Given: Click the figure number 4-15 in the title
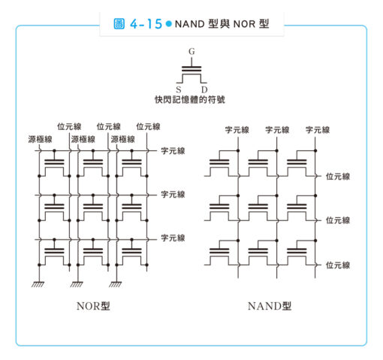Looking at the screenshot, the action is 146,24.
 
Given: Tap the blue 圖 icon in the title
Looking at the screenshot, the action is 119,24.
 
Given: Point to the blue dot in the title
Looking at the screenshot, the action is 169,24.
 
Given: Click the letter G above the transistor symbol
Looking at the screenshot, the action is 191,51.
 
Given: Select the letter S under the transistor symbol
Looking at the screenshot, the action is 179,89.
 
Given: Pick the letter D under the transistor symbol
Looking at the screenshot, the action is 204,89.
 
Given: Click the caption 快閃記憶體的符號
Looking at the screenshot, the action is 190,99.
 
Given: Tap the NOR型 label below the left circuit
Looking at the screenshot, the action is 93,306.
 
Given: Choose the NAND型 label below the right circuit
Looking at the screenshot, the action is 270,306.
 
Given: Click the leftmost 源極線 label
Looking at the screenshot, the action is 40,139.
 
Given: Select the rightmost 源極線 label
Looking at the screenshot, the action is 123,139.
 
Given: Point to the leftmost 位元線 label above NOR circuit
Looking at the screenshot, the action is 69,126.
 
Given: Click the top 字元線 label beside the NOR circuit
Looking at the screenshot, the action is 173,151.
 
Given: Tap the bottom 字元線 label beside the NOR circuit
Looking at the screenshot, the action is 173,237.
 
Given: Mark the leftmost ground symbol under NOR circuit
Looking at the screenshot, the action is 38,284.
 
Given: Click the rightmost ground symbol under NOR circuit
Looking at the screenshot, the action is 116,284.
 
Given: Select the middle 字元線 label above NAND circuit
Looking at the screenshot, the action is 277,130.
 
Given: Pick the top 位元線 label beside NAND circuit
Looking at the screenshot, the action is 338,177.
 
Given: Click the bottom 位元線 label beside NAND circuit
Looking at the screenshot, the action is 338,265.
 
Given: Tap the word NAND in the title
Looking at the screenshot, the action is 190,24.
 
